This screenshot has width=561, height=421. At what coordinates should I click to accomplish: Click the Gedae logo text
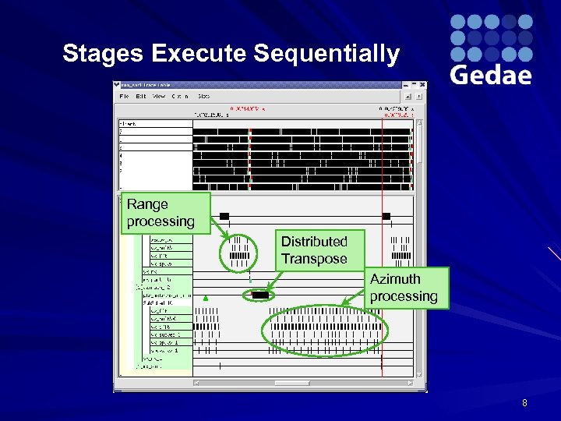coord(491,74)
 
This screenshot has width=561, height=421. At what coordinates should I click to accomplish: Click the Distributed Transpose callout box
coord(314,249)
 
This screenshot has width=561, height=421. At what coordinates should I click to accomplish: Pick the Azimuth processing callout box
coord(404,287)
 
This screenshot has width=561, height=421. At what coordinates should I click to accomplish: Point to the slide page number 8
coord(524,403)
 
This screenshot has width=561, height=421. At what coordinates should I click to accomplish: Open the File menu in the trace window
coord(124,96)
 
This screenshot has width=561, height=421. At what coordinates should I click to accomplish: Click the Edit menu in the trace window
coord(140,96)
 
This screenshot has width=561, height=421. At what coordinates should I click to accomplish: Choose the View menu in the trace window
coord(158,96)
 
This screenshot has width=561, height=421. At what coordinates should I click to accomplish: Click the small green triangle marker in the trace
coord(205,297)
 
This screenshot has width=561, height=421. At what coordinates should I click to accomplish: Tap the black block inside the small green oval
coord(260,295)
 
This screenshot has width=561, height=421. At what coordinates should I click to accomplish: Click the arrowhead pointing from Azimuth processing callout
coord(344,306)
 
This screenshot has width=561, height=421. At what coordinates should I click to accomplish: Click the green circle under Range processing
coord(239,251)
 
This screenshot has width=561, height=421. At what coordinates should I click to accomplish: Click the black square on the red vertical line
coord(385,215)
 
